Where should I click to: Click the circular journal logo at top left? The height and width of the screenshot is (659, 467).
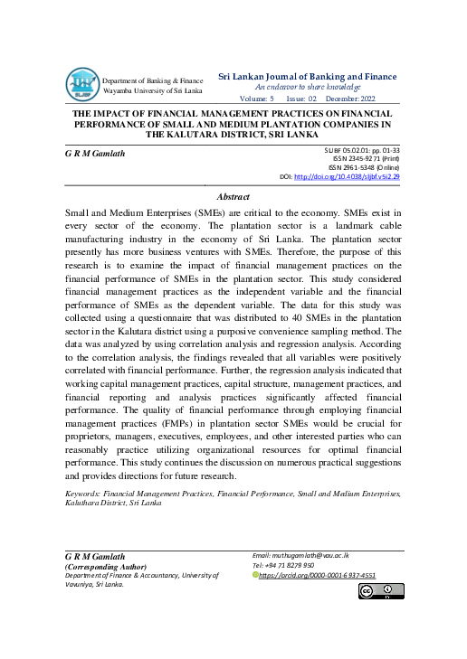pyautogui.click(x=81, y=85)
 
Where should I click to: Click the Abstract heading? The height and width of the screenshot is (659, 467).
pyautogui.click(x=233, y=195)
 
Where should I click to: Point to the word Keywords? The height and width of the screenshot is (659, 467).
pyautogui.click(x=82, y=494)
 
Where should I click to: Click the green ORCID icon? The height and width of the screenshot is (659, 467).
pyautogui.click(x=256, y=575)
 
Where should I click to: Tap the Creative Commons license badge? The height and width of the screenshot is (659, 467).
pyautogui.click(x=380, y=591)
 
